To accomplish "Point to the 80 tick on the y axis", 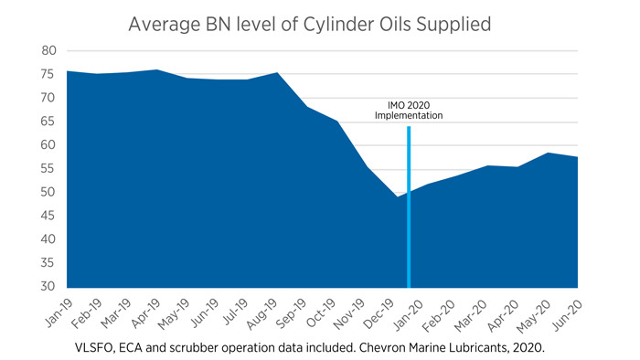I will pyautogui.click(x=48, y=50).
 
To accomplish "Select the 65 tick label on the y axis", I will pyautogui.click(x=48, y=122).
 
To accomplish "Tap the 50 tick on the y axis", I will pyautogui.click(x=48, y=192).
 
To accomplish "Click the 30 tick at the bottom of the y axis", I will pyautogui.click(x=48, y=287).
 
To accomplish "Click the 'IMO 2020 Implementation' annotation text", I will pyautogui.click(x=409, y=110).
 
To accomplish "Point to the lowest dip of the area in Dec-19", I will pyautogui.click(x=398, y=197).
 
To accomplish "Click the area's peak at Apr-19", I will pyautogui.click(x=156, y=70).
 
